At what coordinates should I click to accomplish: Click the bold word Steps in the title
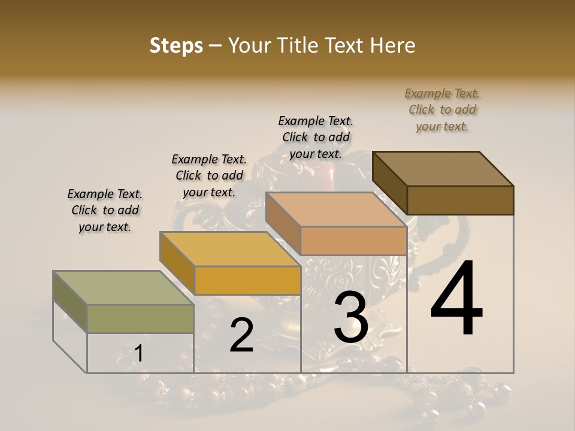[176, 45]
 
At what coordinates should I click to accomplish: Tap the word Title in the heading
[298, 45]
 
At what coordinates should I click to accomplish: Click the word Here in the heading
[392, 45]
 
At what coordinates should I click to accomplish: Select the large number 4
[456, 299]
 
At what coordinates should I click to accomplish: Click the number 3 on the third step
[350, 317]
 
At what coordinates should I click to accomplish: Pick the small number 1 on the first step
[138, 354]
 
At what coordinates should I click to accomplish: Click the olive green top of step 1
[123, 287]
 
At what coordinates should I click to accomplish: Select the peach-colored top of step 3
[336, 210]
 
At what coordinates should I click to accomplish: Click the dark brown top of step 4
[443, 168]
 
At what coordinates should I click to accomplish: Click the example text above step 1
[105, 210]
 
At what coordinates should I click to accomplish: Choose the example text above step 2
[209, 175]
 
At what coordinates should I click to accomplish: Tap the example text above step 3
[316, 137]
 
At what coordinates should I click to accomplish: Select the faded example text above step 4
[442, 110]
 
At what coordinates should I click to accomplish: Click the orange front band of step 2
[247, 280]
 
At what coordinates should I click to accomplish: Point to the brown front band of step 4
[460, 200]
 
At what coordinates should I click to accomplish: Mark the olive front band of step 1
[141, 318]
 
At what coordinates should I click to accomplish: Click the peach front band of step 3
[353, 241]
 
